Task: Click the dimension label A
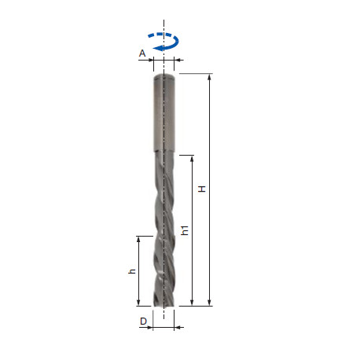click(x=141, y=53)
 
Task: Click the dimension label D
click(x=142, y=321)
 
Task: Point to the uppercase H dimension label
click(x=202, y=189)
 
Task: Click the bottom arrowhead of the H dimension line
click(x=210, y=302)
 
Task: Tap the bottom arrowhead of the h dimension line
click(x=139, y=302)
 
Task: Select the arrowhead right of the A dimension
click(x=178, y=59)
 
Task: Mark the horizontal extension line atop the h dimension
click(x=144, y=235)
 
